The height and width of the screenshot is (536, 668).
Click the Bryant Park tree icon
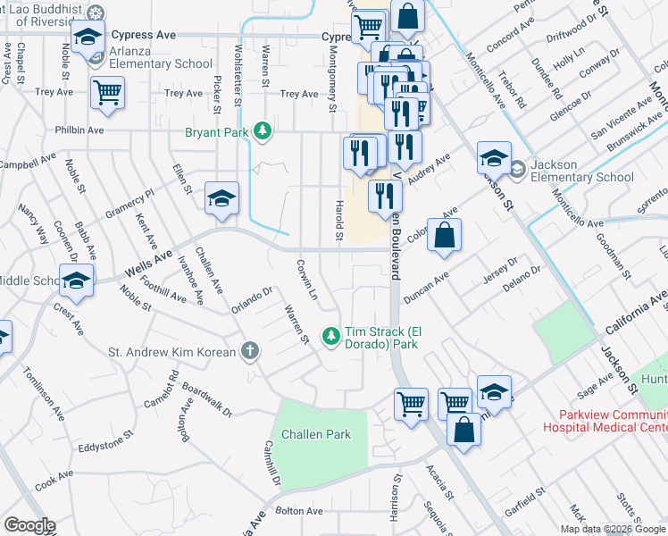pyautogui.click(x=262, y=132)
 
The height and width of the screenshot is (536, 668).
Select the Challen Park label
pyautogui.click(x=316, y=434)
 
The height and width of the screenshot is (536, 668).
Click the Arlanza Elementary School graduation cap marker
pyautogui.click(x=88, y=38)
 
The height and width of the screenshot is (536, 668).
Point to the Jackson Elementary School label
pyautogui.click(x=581, y=171)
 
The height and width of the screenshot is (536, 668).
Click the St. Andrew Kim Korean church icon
pyautogui.click(x=253, y=352)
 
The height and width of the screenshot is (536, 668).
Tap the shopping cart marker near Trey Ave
pyautogui.click(x=107, y=91)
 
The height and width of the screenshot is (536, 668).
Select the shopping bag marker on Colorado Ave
pyautogui.click(x=444, y=236)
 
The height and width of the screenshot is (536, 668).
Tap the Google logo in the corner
pyautogui.click(x=29, y=525)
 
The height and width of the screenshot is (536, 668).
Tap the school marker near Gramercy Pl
pyautogui.click(x=221, y=197)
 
